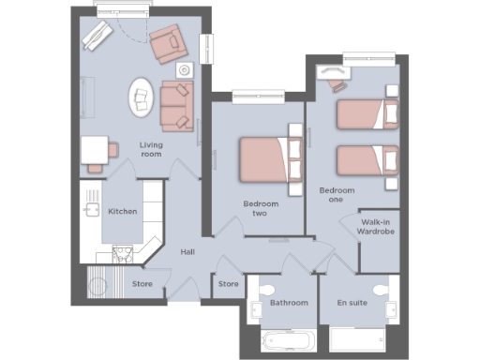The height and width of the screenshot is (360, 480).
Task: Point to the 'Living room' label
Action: tap(150, 149)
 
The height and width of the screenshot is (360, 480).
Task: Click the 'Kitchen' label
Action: tap(123, 212)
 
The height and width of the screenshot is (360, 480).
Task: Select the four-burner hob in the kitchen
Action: tap(123, 252)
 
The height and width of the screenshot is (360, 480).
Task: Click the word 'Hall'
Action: tap(187, 252)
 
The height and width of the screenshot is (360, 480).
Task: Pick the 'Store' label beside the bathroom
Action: tap(228, 283)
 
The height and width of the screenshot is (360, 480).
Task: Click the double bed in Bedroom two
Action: tap(271, 160)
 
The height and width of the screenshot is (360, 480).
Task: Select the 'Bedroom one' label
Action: tap(337, 195)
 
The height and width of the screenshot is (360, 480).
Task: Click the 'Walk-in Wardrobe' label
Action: tap(380, 226)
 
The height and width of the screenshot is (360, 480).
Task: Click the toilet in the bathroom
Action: tap(266, 288)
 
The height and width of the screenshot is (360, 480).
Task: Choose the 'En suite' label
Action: tap(354, 304)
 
